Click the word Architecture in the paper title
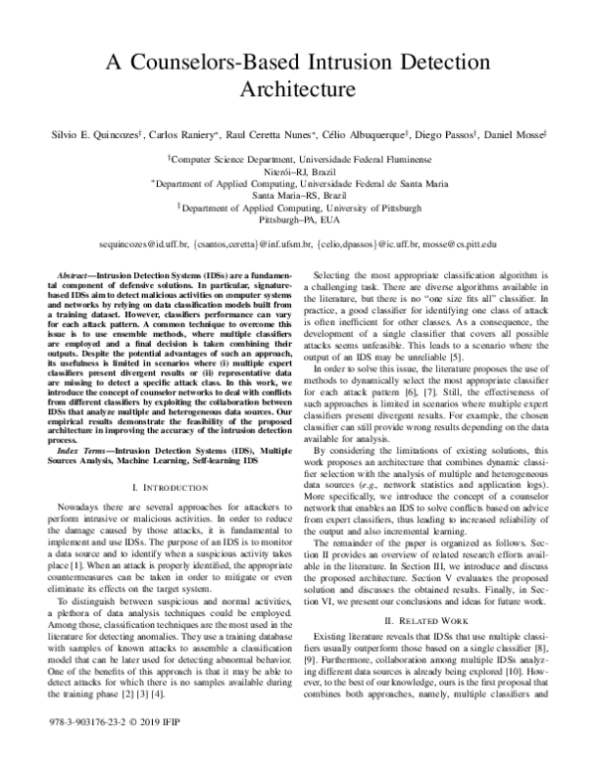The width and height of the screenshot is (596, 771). point(297,89)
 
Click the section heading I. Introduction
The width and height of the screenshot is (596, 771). point(171,489)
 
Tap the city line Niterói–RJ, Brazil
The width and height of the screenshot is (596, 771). point(298,171)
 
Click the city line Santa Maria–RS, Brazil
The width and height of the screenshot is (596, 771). point(298,196)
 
